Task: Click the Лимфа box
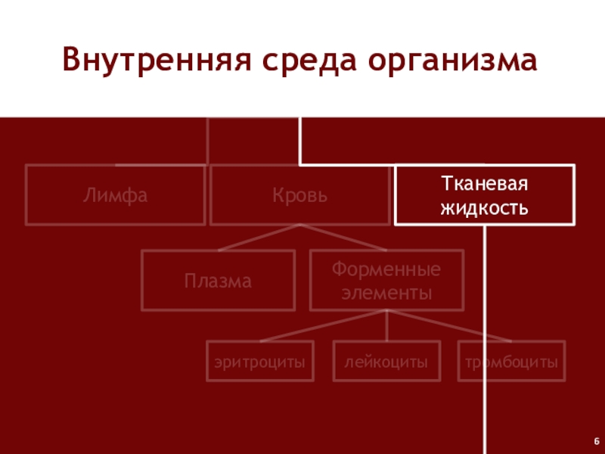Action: [x=116, y=196]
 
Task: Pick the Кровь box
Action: [x=300, y=196]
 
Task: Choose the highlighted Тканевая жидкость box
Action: [x=483, y=196]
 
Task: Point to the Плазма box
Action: [x=219, y=281]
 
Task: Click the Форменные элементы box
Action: [x=386, y=281]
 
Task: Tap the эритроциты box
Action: [x=259, y=362]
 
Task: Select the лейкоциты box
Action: [x=386, y=362]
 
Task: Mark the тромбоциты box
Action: [x=511, y=362]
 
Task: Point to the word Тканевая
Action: [x=483, y=185]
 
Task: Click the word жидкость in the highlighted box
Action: [x=483, y=206]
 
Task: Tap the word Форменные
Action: [x=386, y=270]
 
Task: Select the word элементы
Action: [x=386, y=292]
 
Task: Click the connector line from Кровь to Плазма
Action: [x=259, y=238]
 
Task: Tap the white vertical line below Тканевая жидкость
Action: [x=483, y=340]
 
